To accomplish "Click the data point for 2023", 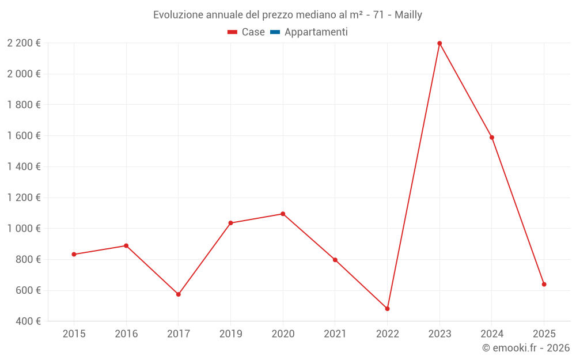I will click(439, 43).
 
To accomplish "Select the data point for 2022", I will click(387, 309).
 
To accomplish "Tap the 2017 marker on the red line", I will click(179, 294).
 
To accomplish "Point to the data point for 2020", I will click(283, 214).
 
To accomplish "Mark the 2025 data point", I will click(544, 284).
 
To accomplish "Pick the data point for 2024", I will click(492, 138).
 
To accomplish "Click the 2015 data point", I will click(74, 254).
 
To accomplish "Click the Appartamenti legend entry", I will click(316, 32).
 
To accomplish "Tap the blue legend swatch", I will click(275, 32).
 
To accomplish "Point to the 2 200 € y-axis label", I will click(24, 43).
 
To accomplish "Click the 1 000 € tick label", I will click(24, 229).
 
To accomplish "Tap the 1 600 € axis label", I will click(24, 136).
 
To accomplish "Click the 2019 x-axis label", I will click(230, 334).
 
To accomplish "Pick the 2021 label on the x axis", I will click(335, 334).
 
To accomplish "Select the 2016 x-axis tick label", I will click(126, 334).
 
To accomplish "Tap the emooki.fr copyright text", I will click(526, 348).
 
